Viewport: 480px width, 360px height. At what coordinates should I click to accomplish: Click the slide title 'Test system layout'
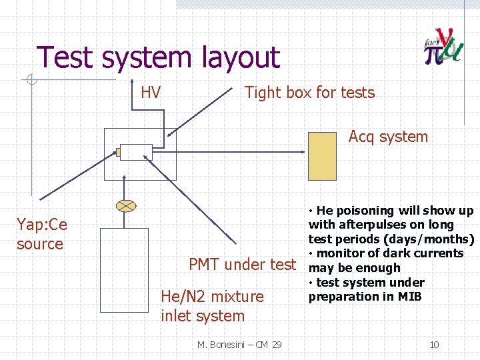[158, 57]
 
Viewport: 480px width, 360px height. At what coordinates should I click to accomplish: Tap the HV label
[151, 93]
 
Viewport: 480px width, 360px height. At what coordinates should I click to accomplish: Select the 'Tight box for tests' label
[309, 93]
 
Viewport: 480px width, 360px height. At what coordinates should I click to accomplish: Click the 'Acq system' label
[388, 137]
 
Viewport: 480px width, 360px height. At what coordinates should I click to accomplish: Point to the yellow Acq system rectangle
[323, 156]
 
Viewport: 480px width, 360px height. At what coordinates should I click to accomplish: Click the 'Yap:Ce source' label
[41, 234]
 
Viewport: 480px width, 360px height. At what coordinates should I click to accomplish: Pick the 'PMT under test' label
[242, 265]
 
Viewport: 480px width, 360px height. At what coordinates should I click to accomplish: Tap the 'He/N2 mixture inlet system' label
[212, 306]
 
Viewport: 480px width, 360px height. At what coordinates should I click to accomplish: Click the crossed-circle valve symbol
[125, 206]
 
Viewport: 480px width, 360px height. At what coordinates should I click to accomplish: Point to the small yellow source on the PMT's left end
[118, 153]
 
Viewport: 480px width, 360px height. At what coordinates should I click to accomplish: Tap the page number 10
[434, 345]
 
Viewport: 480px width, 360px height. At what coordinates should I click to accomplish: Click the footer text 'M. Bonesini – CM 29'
[239, 345]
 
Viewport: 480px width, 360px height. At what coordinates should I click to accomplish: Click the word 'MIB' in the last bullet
[409, 297]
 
